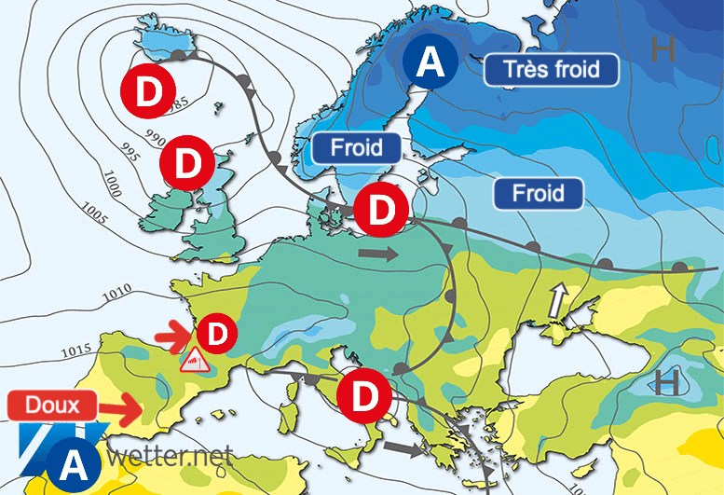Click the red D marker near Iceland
point(146,90)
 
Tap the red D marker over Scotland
point(186,164)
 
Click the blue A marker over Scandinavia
point(430,62)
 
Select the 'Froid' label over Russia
point(538,193)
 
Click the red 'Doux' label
point(53,405)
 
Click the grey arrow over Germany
point(377,253)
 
